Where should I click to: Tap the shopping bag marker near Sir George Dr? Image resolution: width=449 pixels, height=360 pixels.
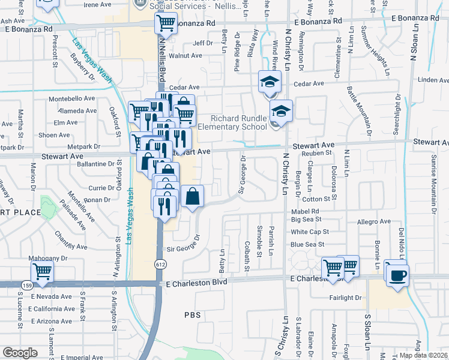[192, 197]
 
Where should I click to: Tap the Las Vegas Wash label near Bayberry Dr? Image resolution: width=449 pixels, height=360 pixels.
[92, 61]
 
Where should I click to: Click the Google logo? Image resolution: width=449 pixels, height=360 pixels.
[20, 352]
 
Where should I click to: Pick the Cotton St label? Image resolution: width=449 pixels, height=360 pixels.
[312, 199]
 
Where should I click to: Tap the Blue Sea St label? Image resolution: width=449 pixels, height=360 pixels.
[307, 244]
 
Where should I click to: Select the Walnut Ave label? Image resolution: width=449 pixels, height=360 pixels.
[185, 55]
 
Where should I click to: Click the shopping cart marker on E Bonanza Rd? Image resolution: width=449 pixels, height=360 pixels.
[166, 24]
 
